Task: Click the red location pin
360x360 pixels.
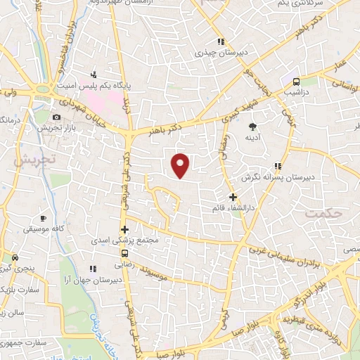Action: coord(181,165)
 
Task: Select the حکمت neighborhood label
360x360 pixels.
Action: coord(323,211)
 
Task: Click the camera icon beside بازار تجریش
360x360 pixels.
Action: coord(56,117)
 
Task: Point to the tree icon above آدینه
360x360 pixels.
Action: coord(252,127)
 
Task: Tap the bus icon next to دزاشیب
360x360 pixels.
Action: coord(296,81)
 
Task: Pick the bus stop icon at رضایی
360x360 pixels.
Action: coord(125,254)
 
